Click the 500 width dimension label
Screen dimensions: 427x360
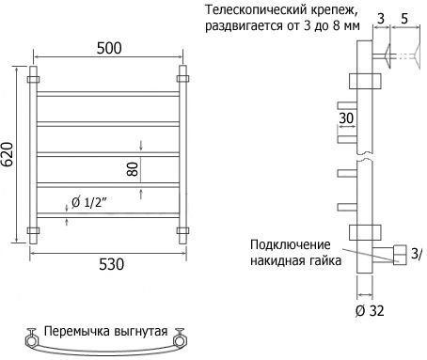[x=109, y=48]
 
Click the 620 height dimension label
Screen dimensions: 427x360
[x=7, y=154]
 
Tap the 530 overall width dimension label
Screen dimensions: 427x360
[x=112, y=264]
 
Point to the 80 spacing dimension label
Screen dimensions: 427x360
[x=133, y=169]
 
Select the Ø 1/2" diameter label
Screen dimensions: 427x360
[x=89, y=203]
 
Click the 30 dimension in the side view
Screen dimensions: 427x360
[x=346, y=118]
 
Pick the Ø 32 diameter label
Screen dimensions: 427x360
[x=370, y=310]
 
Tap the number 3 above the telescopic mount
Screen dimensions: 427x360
[x=380, y=19]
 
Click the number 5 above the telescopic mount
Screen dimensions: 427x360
[x=404, y=19]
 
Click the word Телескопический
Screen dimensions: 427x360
[x=256, y=10]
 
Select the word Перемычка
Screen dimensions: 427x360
[x=77, y=331]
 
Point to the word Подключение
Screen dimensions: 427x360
[x=291, y=244]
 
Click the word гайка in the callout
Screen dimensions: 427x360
[x=326, y=260]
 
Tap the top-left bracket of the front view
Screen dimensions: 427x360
[x=33, y=79]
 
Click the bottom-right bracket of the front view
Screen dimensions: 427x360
[x=182, y=231]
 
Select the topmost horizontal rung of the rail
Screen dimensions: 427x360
[x=108, y=94]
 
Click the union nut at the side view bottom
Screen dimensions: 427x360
[x=399, y=255]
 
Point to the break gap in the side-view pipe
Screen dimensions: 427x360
[x=365, y=156]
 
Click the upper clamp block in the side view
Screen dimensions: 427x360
[x=365, y=81]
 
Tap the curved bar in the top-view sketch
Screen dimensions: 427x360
[x=106, y=352]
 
